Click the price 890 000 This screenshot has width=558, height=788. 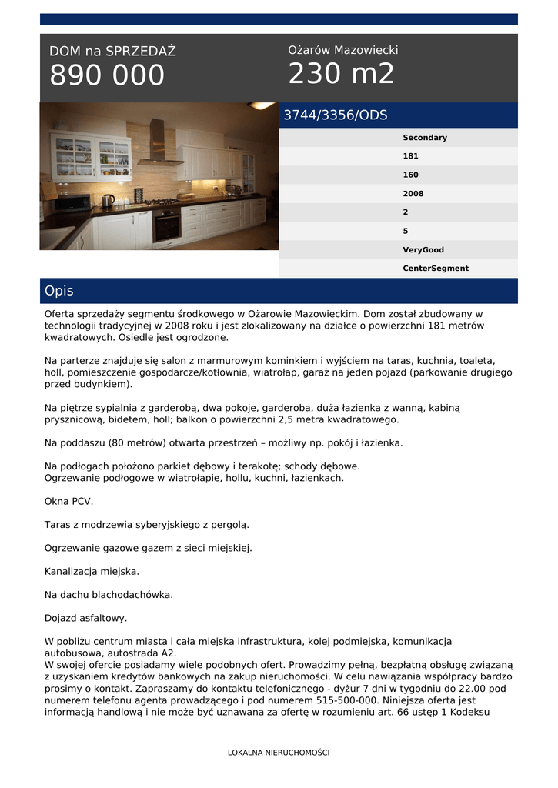pos(107,75)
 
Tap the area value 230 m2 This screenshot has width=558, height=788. pos(341,74)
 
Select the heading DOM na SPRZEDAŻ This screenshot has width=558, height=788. pos(112,52)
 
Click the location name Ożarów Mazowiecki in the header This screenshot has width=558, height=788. pos(342,50)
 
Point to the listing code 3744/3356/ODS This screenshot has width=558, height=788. pos(336,115)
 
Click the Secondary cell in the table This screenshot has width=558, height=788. pos(424,138)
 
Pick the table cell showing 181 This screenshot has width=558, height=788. pos(410,156)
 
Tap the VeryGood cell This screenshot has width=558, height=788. pos(423,250)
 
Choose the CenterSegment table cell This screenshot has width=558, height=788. pos(435,269)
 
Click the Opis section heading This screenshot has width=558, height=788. pos(59,291)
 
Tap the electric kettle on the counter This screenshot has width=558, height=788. pos(108,200)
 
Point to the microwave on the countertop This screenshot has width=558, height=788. pos(73,202)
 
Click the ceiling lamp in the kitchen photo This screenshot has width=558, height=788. pos(260,105)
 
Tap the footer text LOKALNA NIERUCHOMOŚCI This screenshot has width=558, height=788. pos(279,753)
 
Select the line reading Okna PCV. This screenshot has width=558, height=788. pos(68,501)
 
